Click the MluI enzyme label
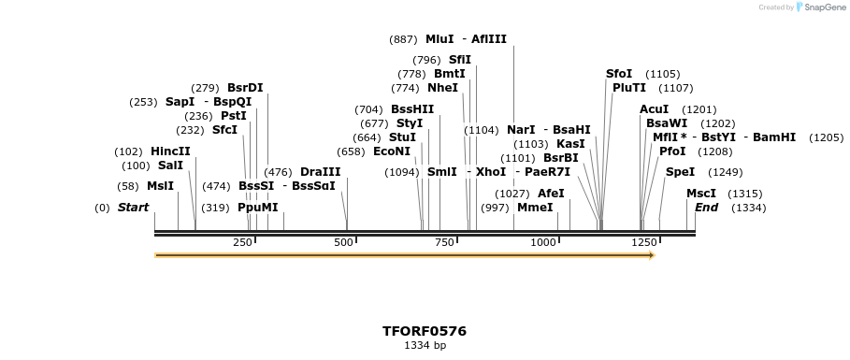point(439,39)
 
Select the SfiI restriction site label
point(459,60)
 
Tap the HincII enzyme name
point(170,151)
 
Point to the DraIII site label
point(320,172)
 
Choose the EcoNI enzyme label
point(392,151)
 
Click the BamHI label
point(774,137)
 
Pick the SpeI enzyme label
point(680,172)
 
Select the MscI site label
point(701,194)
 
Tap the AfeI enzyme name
point(551,194)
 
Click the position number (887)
point(403,39)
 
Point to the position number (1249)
point(725,172)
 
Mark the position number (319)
point(216,208)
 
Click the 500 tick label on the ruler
point(343,242)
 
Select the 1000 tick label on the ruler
point(542,242)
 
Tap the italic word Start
point(133,208)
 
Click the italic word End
point(706,208)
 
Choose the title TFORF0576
point(425,331)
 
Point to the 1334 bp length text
point(425,346)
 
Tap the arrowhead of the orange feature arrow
point(651,255)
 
